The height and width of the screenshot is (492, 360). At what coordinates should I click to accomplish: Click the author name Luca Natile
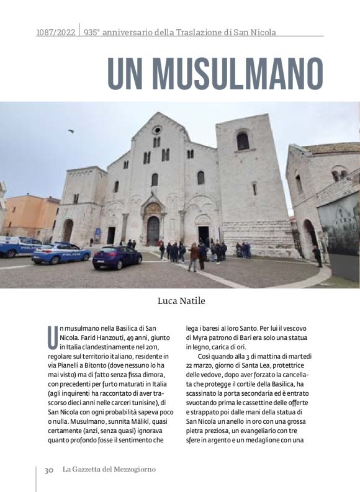coord(180,302)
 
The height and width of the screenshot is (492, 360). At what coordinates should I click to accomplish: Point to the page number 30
coord(48,470)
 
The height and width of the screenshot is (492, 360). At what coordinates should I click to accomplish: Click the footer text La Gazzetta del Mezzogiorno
coord(109,470)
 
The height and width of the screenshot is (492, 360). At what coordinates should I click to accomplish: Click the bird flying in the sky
coord(71,132)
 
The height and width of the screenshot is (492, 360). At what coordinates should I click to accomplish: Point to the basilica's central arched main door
coord(153,230)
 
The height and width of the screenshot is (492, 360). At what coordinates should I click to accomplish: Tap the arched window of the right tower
coord(243,141)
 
